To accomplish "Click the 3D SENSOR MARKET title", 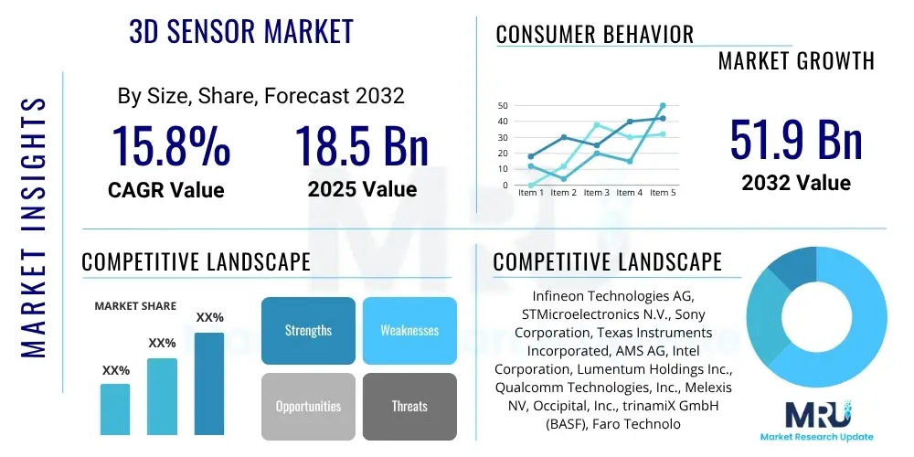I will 240,31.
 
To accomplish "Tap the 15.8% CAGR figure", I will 171,145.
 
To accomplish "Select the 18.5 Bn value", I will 362,145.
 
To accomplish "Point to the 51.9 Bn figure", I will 795,139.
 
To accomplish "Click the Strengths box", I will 308,330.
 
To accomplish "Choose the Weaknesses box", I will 409,330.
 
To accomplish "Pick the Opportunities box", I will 308,406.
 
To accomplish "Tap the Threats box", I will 409,406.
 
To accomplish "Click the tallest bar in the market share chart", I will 209,384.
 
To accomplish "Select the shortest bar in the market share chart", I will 115,409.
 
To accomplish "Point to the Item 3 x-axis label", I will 596,193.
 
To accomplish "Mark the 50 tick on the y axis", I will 503,106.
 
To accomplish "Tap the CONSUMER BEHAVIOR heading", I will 594,35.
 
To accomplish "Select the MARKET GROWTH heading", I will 796,61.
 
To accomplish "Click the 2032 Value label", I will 795,183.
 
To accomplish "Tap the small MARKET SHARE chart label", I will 135,306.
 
